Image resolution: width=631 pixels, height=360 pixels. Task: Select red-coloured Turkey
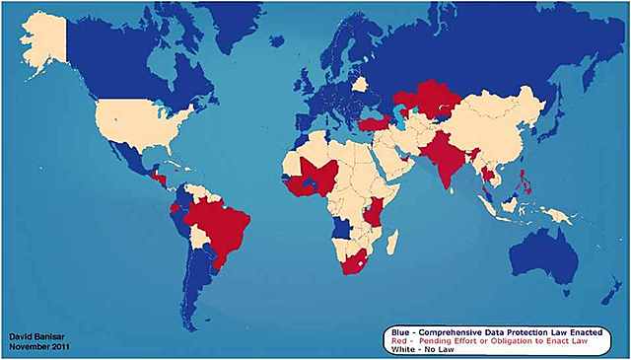click(x=378, y=125)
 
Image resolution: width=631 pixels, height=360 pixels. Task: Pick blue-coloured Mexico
click(x=128, y=158)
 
